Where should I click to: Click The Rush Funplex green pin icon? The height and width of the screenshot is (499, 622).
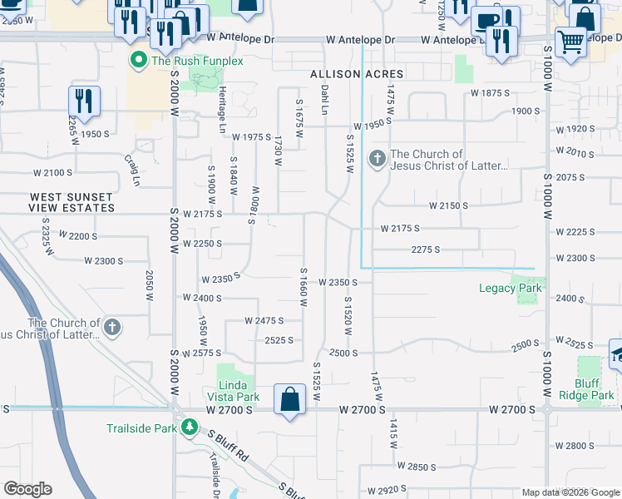coord(138,60)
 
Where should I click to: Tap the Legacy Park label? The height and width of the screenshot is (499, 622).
coord(510,289)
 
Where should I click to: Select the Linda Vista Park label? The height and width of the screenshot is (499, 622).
coord(239,391)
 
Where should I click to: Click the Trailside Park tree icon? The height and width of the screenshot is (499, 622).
coord(190,428)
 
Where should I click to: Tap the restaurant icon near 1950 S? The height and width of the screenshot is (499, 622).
coord(84,101)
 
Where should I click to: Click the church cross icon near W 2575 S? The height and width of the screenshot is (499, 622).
coord(111,328)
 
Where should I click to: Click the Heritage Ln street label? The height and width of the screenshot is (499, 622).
coord(222,112)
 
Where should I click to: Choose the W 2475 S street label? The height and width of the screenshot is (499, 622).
coord(264,320)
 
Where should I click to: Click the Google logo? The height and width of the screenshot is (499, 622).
coord(27,489)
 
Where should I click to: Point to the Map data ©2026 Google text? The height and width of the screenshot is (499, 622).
coord(571,493)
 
